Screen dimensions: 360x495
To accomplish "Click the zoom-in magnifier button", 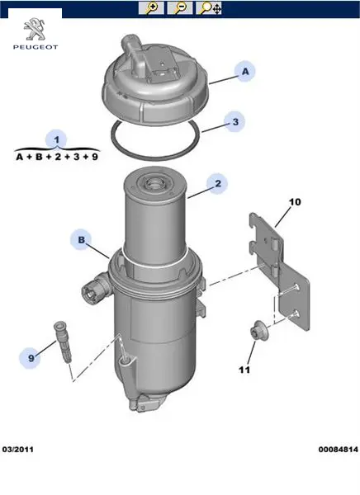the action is [151, 8].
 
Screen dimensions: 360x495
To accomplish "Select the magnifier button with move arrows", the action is [209, 8].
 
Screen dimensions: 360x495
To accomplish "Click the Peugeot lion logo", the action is [35, 30].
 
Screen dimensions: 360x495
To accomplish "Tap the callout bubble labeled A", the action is [245, 72].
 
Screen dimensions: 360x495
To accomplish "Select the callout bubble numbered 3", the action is [234, 122].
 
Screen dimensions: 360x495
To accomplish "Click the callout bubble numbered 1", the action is [56, 139].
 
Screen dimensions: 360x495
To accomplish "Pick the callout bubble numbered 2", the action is [217, 183].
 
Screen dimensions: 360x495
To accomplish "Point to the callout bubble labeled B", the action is [81, 239].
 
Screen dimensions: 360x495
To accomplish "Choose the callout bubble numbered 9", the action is [31, 358].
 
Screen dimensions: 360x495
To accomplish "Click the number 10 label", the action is [295, 202].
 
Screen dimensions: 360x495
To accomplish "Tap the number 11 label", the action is [244, 370].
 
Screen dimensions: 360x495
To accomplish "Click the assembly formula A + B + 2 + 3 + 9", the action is [57, 157].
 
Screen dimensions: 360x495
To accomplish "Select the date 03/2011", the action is [17, 450].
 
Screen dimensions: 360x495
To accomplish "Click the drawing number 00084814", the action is [339, 450].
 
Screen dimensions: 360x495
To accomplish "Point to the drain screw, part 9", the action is [64, 342].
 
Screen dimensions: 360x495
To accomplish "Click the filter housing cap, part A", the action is [155, 82].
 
